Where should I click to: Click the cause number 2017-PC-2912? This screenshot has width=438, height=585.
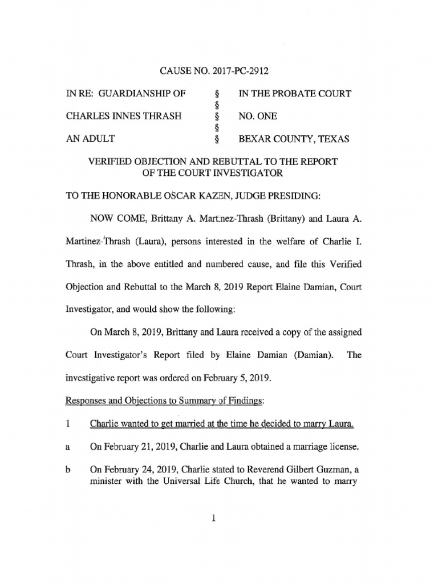(240, 71)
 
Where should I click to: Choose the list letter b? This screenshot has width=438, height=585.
(67, 470)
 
